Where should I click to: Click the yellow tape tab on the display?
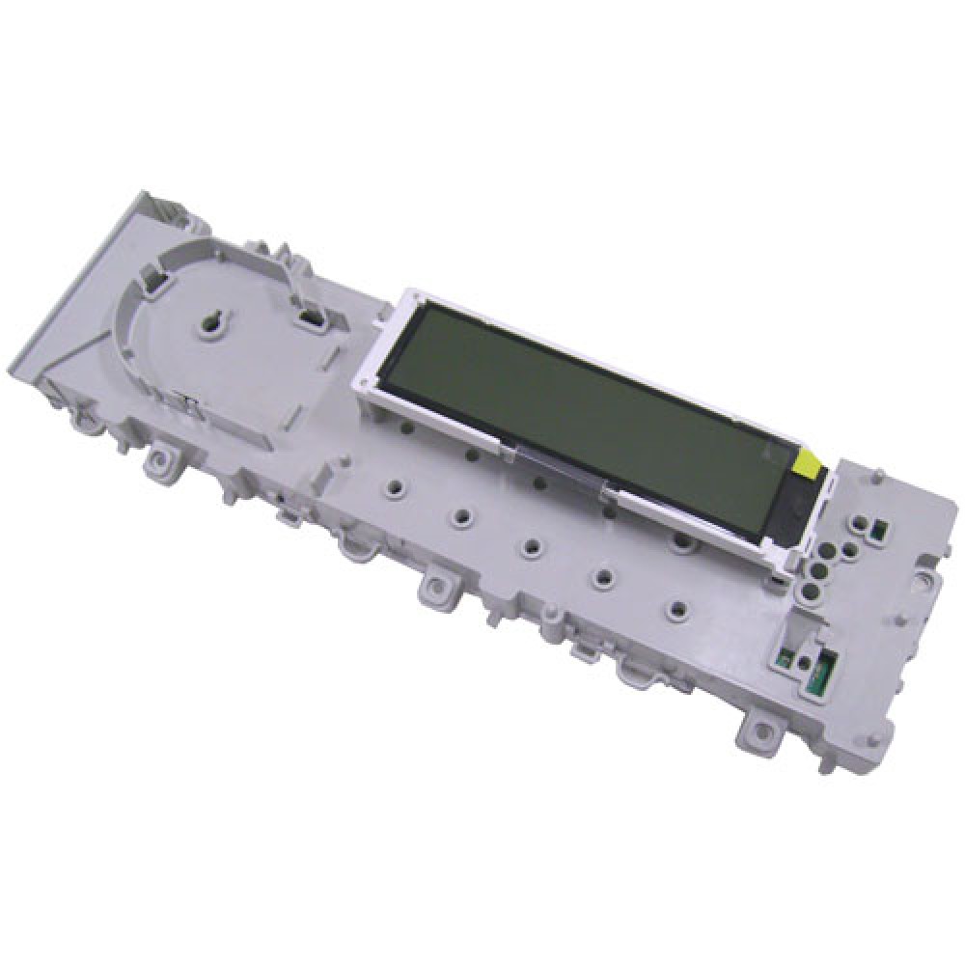click(809, 469)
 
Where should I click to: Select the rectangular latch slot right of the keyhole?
click(310, 317)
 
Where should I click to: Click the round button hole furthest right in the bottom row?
click(677, 611)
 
